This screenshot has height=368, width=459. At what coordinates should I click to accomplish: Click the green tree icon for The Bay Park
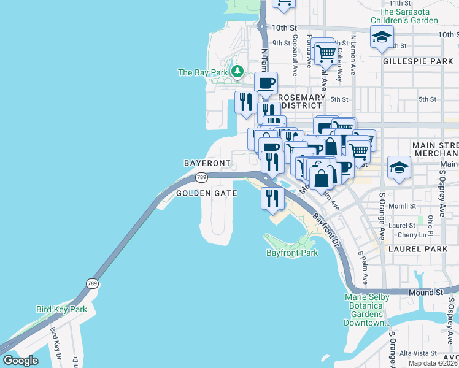pos(237,72)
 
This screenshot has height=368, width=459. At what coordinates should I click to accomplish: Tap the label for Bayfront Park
pos(292,253)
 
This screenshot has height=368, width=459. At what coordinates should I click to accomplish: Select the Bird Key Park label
pos(61,310)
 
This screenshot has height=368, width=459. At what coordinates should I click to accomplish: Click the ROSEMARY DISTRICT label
pos(301,102)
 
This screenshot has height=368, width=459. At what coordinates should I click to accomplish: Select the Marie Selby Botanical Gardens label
pos(366,310)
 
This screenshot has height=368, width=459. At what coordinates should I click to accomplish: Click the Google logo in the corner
pos(20,361)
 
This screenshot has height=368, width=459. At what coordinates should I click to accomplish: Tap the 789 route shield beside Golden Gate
pos(201,177)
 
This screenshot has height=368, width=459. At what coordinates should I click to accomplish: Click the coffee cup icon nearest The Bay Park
pos(266,83)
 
